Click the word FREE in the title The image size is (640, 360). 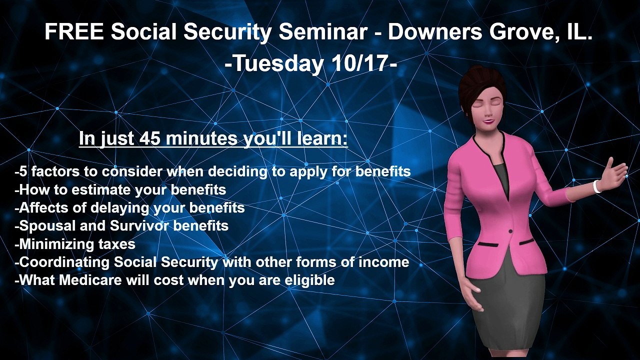point(74,33)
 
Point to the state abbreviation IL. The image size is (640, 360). point(579,33)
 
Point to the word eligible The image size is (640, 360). point(309,280)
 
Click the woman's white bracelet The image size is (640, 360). point(596,186)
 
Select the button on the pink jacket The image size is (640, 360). point(510,231)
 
